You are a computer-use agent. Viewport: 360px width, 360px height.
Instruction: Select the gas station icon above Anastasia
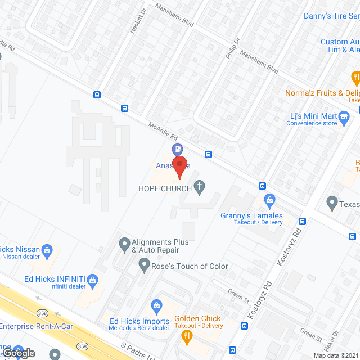(177, 149)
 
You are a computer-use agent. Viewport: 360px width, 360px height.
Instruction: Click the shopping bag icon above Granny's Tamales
(269, 200)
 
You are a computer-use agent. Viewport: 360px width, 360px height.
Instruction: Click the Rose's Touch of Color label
(190, 266)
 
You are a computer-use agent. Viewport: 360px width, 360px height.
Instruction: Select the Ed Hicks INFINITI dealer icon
(93, 279)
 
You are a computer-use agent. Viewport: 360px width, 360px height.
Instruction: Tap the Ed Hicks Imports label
(139, 321)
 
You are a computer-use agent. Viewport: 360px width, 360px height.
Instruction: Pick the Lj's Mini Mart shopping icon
(344, 116)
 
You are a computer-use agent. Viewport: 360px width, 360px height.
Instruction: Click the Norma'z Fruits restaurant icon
(355, 77)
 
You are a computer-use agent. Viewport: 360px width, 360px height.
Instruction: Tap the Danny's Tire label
(331, 16)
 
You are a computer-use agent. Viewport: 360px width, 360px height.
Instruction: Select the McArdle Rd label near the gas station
(163, 133)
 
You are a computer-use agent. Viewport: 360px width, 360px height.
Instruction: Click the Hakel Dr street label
(337, 339)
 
